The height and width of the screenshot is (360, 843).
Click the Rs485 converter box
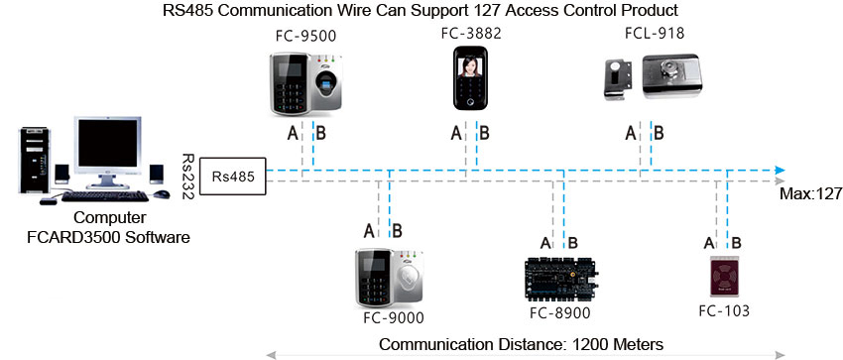pos(233,178)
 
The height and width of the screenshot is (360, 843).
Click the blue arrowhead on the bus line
pos(780,170)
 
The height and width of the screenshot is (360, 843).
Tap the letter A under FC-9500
pos(293,133)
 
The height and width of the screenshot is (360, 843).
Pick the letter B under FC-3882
pos(483,133)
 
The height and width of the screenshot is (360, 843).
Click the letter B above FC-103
pos(736,242)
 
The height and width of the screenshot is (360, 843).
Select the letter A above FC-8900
pos(545,242)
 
